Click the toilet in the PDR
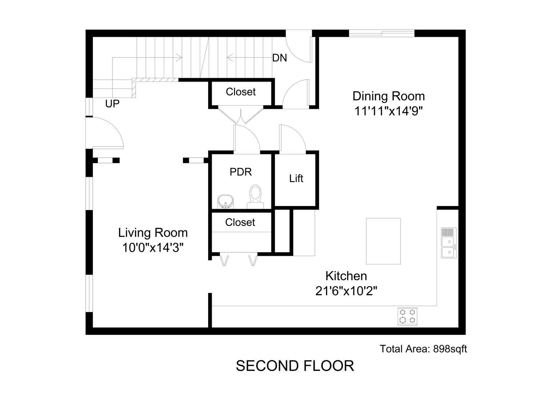coord(255,196)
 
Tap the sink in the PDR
coord(225,202)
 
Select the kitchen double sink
coord(449,243)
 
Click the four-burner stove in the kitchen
coord(407,317)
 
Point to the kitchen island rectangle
coord(383,241)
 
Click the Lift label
coord(296,178)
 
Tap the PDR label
coord(241,172)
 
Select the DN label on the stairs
coord(279,58)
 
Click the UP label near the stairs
coord(112,103)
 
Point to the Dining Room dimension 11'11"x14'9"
coord(389,111)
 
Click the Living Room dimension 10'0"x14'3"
coord(153,247)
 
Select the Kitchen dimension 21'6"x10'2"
coord(346,291)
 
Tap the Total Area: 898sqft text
coord(423,349)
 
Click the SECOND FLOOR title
coord(295,366)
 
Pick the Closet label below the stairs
coord(241,92)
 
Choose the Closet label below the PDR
coord(240,222)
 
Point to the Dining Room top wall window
coord(382,33)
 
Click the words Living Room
coord(153,233)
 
